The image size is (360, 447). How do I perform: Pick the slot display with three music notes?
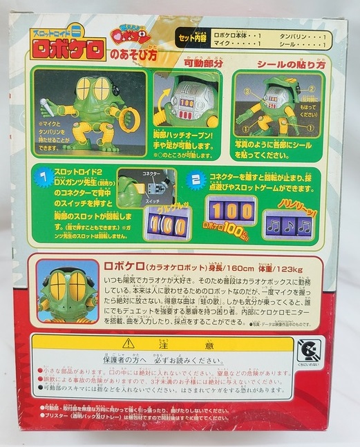[x=288, y=226]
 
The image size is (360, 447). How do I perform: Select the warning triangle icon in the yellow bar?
[x=128, y=343]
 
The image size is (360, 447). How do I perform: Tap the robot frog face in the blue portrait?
[x=68, y=291]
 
